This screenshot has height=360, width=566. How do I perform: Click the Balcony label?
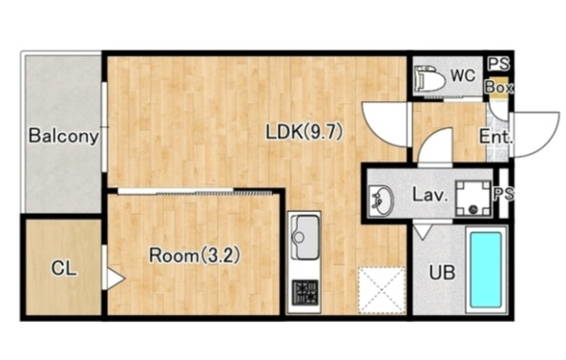pyautogui.click(x=64, y=137)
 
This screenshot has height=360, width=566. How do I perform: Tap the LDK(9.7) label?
pyautogui.click(x=304, y=132)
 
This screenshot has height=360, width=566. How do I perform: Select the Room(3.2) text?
pyautogui.click(x=195, y=256)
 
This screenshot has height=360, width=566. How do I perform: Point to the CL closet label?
pyautogui.click(x=64, y=268)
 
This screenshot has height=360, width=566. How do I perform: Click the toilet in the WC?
pyautogui.click(x=430, y=78)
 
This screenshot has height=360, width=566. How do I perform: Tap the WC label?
pyautogui.click(x=463, y=75)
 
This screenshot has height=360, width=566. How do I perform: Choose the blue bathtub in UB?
pyautogui.click(x=486, y=269)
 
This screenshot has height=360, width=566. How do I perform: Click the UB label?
pyautogui.click(x=442, y=272)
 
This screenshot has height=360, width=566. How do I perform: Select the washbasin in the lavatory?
pyautogui.click(x=382, y=201)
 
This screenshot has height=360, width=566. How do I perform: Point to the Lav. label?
pyautogui.click(x=430, y=196)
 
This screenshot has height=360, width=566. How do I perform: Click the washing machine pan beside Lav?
pyautogui.click(x=473, y=199)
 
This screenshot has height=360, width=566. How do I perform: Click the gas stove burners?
pyautogui.click(x=305, y=292)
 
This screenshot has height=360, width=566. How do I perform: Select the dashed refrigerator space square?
pyautogui.click(x=382, y=290)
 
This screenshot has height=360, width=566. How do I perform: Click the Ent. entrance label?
pyautogui.click(x=496, y=137)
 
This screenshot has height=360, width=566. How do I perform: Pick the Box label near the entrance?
pyautogui.click(x=499, y=88)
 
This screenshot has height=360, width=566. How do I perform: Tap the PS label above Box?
pyautogui.click(x=498, y=64)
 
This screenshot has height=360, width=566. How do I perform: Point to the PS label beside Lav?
pyautogui.click(x=504, y=194)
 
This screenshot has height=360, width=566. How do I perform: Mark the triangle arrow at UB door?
pyautogui.click(x=423, y=231)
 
